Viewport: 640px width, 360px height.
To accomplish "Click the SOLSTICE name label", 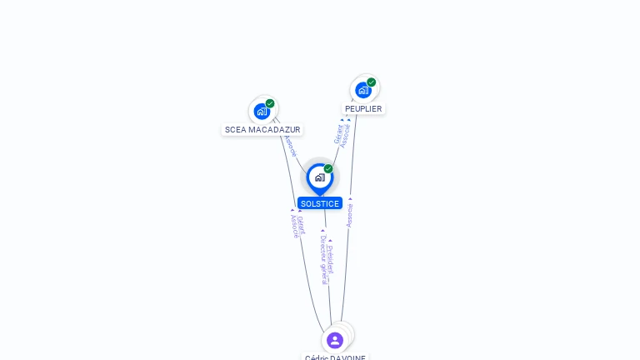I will pos(320,203).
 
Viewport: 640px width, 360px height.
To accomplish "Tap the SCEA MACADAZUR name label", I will pos(262,130).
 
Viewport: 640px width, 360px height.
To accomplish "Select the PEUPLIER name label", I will pos(363,109).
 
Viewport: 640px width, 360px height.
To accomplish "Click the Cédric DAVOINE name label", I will pos(335,357).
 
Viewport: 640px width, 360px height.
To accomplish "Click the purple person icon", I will pos(335,340).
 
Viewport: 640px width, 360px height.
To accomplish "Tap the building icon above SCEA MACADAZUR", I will pos(262,112).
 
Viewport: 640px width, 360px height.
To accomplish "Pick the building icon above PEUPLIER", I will pos(362,90).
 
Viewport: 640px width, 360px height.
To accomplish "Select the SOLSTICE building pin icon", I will pos(319,177).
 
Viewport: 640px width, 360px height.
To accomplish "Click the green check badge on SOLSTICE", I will pos(328,169).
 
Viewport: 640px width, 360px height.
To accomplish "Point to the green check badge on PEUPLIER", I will pos(372,82).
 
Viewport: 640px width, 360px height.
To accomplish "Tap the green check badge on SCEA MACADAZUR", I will pos(270,104).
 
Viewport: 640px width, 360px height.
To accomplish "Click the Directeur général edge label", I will pos(324,260).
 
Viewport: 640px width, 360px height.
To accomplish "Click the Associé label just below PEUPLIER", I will pos(347,135).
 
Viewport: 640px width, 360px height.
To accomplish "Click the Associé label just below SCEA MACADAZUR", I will pos(289,145).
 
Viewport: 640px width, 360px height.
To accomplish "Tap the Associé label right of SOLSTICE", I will pos(350,214).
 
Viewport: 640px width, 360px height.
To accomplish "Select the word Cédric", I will pos(317,357).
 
